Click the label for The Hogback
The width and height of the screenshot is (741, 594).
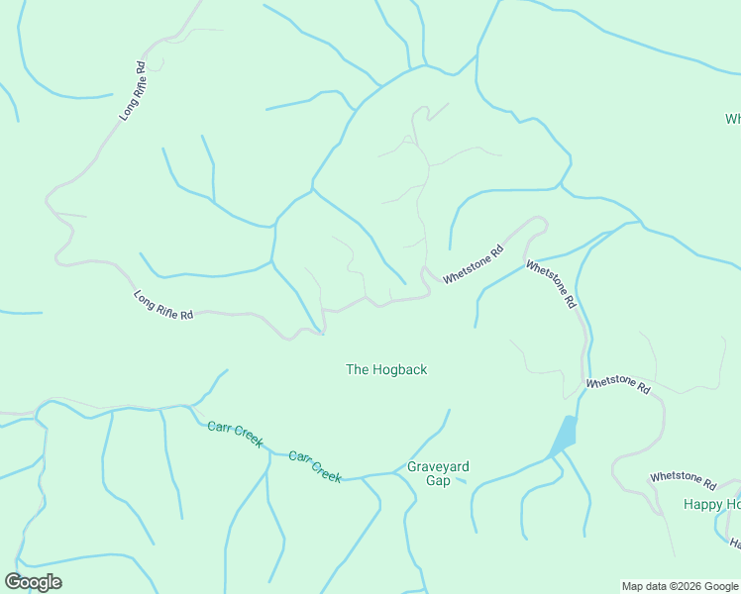(x=386, y=369)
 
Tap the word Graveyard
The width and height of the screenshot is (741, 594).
(x=438, y=466)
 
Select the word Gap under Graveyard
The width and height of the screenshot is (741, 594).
(x=438, y=481)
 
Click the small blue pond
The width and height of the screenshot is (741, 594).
(x=564, y=435)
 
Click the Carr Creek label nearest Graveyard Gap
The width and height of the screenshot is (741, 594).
(x=315, y=467)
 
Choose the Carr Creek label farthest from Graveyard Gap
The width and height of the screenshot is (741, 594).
(x=235, y=434)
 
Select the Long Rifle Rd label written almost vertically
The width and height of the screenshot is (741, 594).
(x=133, y=92)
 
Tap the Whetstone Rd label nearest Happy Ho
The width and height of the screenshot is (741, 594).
(x=683, y=479)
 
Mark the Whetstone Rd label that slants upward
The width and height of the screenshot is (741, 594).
(x=474, y=265)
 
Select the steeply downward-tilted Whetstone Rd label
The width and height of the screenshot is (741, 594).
(x=551, y=285)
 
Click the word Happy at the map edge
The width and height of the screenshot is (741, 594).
(x=702, y=504)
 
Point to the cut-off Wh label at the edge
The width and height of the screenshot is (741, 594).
(x=733, y=119)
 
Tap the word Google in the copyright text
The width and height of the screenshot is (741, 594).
(x=721, y=586)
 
